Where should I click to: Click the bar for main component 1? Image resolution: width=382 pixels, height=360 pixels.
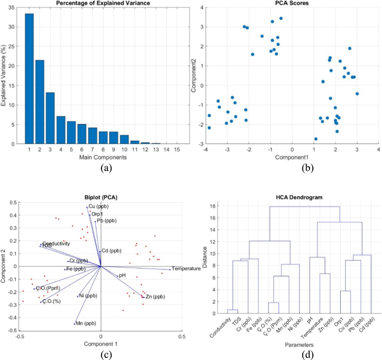coord(29,79)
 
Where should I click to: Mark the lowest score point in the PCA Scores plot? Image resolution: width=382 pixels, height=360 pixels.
coord(316,139)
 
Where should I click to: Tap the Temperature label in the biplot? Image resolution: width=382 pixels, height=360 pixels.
coord(186,269)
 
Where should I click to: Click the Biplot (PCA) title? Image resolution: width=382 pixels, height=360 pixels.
coord(101,196)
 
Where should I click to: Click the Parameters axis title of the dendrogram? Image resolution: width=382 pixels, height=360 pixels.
coord(292,353)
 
